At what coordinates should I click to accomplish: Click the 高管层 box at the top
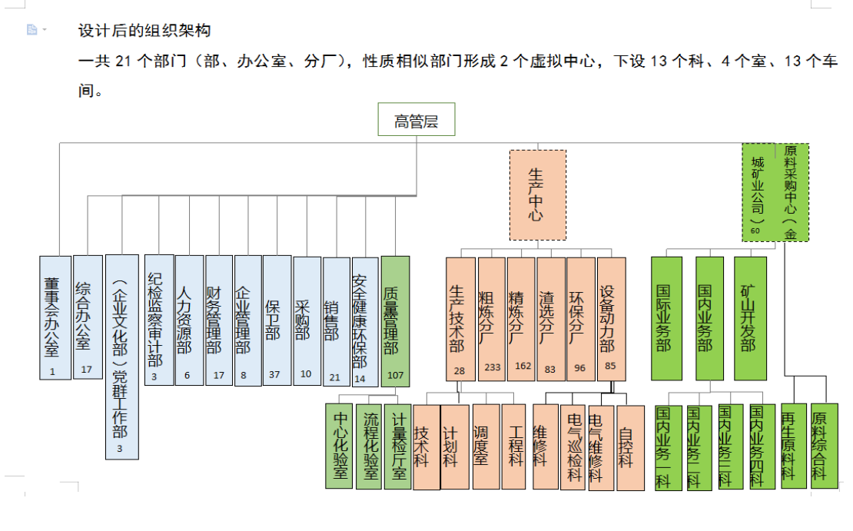coord(416,120)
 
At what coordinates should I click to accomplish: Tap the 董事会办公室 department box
coord(55,317)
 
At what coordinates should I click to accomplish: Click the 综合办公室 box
coord(87,317)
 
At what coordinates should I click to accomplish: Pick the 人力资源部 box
coord(189,320)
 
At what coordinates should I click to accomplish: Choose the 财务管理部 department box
coord(219,320)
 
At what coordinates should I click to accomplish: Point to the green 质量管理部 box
coord(395,320)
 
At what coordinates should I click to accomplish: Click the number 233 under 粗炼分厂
coord(492,367)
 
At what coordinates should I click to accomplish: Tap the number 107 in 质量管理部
coord(395,376)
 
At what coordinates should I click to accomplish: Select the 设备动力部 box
coord(611,318)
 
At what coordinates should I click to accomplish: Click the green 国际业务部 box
coord(666,317)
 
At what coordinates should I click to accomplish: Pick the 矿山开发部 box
coord(748,317)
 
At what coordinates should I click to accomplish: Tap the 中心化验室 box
coord(339,446)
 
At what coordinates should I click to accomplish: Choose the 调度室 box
coord(486,446)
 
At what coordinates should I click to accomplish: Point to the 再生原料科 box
coord(793,446)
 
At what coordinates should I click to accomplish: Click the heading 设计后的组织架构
coord(144,31)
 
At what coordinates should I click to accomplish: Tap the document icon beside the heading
coord(32,30)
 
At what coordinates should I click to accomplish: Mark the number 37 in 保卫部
coord(276,374)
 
